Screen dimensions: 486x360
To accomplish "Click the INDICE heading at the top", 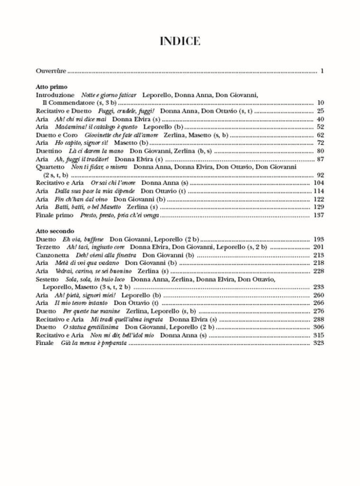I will click(180, 42).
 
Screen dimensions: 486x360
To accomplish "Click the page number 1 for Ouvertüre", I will click(322, 71).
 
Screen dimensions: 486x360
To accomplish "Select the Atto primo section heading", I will click(51, 87).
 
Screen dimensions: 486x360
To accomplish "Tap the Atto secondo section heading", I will click(55, 231).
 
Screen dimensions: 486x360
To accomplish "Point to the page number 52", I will click(320, 127).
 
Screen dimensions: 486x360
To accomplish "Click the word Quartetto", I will click(50, 167).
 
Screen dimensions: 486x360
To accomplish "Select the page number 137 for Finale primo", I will click(318, 215).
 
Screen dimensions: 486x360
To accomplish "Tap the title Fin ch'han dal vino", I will click(81, 199).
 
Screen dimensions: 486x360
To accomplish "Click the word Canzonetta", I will click(52, 255).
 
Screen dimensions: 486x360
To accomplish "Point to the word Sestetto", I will click(47, 279).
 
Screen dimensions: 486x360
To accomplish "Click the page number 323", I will click(318, 343).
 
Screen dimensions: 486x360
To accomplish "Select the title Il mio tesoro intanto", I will click(81, 303).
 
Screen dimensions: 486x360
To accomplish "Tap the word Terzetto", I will click(48, 247).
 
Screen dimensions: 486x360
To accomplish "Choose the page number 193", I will click(318, 239).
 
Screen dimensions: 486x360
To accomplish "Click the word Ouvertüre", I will click(51, 71).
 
